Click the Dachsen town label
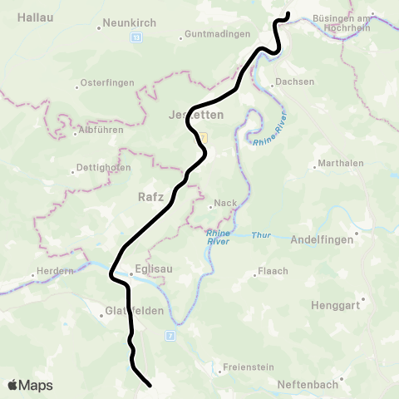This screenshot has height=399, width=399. point(297,81)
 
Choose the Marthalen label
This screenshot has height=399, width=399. point(341,163)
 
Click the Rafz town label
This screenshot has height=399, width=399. point(150,197)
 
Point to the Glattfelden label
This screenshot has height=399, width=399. point(126,313)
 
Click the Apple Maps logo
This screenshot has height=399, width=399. point(30,385)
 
